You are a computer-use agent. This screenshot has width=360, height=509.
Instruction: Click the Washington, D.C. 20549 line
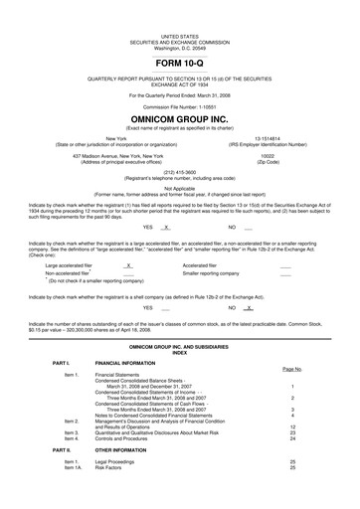pos(179,21)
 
